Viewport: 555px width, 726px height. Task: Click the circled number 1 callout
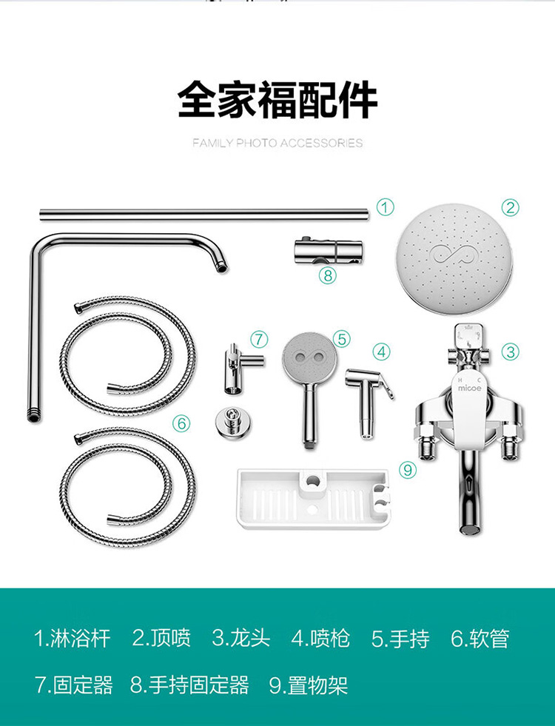point(385,207)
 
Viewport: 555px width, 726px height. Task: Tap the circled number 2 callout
point(510,207)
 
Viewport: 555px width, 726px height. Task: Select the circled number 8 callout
point(328,275)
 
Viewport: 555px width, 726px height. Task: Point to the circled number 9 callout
point(408,471)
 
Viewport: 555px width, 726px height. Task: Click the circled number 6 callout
point(181,423)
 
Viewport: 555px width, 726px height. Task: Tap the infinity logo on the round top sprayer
point(454,255)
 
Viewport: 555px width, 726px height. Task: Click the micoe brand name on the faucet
point(469,388)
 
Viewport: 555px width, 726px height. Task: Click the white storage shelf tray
point(313,499)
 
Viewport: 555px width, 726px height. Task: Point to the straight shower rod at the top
point(204,215)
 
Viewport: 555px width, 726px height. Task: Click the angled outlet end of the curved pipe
point(222,266)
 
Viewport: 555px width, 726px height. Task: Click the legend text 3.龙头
point(241,638)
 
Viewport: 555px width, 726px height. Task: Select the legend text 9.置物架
point(309,685)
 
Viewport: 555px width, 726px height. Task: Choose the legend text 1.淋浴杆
point(73,638)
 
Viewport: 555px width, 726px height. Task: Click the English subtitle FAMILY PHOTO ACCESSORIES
point(277,143)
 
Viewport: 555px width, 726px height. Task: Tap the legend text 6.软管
point(480,638)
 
